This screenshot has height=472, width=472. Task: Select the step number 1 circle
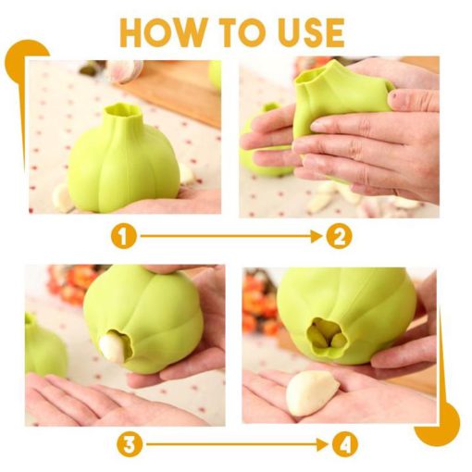pyautogui.click(x=124, y=237)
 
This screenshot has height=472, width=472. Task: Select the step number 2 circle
pyautogui.click(x=339, y=237)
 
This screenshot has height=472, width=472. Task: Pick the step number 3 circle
pyautogui.click(x=130, y=445)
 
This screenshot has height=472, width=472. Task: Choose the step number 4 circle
pyautogui.click(x=345, y=445)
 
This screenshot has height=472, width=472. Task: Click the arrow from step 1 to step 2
pyautogui.click(x=231, y=237)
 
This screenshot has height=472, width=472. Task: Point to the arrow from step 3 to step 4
pyautogui.click(x=237, y=444)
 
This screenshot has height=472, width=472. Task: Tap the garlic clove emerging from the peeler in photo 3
pyautogui.click(x=113, y=346)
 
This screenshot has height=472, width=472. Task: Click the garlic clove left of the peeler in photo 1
pyautogui.click(x=62, y=198)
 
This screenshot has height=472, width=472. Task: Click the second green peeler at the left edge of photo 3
pyautogui.click(x=43, y=345)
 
